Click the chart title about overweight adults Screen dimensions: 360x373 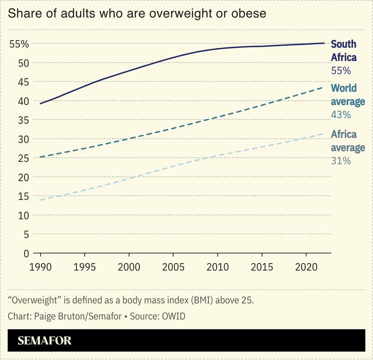coord(137,14)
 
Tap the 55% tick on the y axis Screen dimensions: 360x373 coord(20,44)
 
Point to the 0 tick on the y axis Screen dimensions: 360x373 coord(26,253)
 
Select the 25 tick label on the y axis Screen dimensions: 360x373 coord(23,158)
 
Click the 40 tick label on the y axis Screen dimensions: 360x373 coord(23,101)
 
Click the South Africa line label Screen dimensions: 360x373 coord(343,51)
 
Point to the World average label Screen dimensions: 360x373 coord(347,95)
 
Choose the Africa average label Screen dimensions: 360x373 coord(347,141)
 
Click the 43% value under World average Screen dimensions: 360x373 coord(340,115)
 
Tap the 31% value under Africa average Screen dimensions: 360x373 coord(340,161)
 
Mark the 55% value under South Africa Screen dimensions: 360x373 coord(340,70)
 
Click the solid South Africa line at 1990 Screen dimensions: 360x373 coord(40,103)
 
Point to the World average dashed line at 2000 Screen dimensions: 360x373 coord(129,138)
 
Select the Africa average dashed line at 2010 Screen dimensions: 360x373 coord(217,156)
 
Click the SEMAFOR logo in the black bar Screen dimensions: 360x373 coord(44,341)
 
